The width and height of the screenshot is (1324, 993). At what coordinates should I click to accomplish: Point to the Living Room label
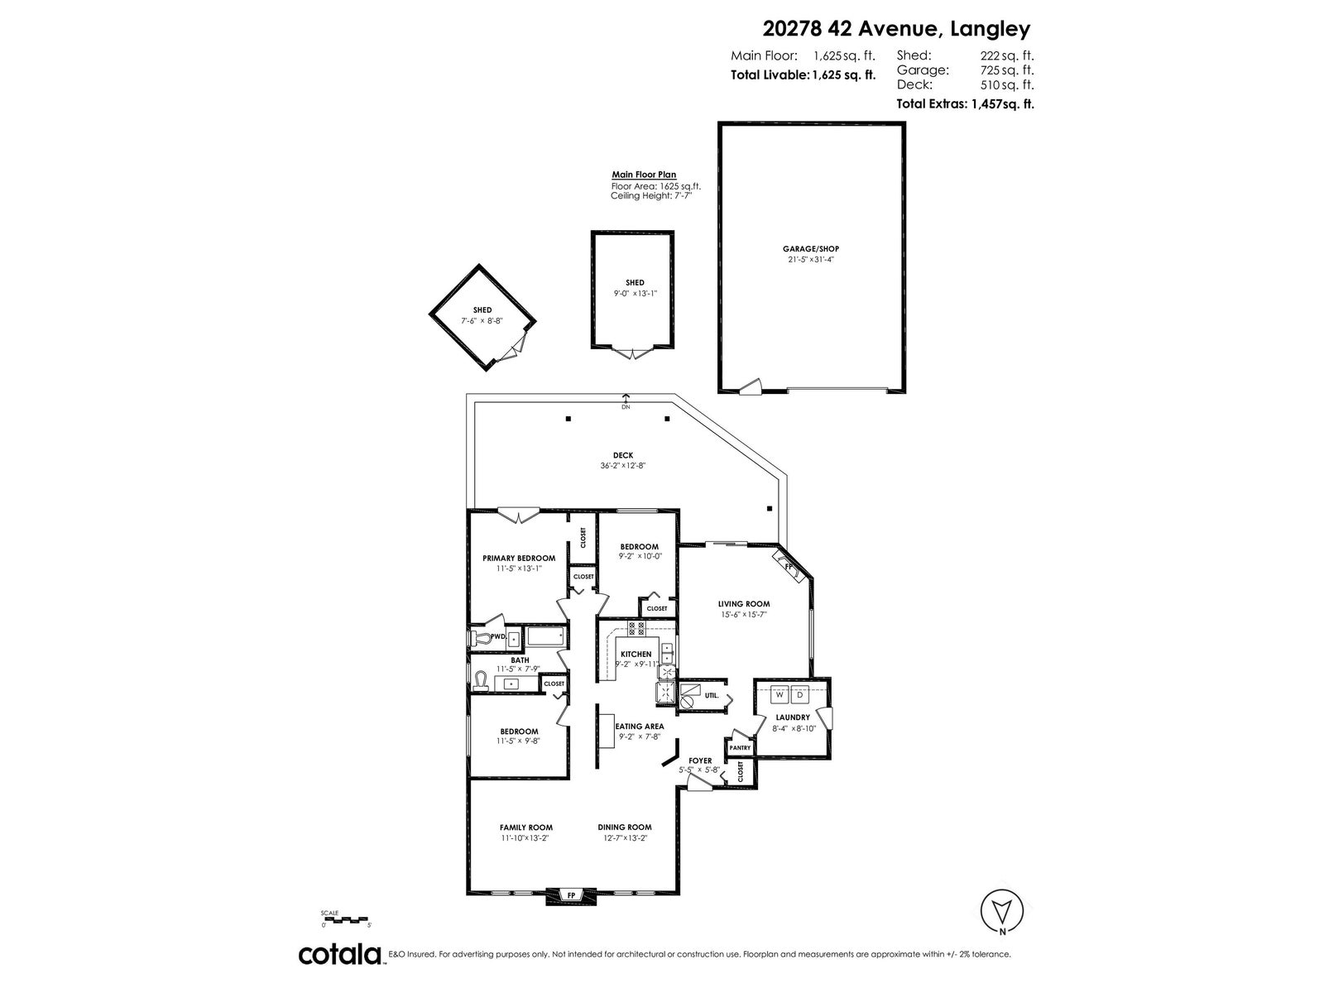744,603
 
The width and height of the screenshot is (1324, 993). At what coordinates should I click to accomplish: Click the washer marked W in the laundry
780,694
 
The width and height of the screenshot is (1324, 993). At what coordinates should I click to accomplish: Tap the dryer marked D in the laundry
800,694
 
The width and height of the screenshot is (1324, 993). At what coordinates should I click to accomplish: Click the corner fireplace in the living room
789,568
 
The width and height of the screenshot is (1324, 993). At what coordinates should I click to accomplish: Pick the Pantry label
740,747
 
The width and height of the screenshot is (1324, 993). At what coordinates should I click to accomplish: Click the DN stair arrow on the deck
626,401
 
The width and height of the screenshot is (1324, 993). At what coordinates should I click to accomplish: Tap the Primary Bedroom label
519,559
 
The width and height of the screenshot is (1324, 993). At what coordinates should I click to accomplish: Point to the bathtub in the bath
546,636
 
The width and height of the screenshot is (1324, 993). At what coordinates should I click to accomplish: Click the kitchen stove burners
636,629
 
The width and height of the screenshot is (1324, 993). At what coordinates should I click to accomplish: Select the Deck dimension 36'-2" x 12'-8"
623,465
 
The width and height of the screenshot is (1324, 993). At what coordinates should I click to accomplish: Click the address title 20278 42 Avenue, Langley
896,28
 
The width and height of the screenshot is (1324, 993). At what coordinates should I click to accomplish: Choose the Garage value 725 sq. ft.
1007,70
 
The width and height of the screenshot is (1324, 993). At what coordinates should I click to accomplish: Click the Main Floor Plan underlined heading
644,175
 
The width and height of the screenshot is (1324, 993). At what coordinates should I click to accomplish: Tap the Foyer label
700,760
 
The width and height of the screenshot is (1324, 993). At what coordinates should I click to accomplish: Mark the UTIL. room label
712,695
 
